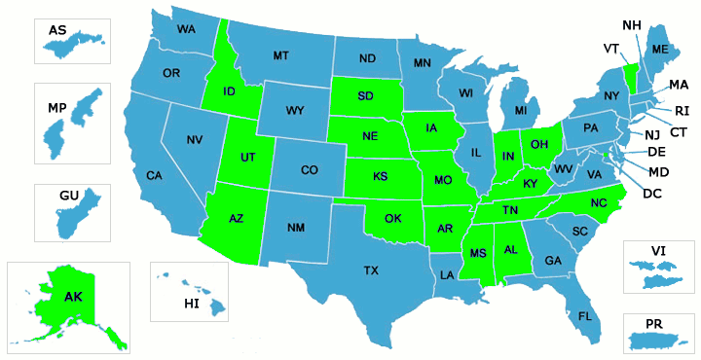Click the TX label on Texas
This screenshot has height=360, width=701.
click(370, 270)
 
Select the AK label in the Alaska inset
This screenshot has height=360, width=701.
click(73, 297)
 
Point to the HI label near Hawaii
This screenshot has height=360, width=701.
click(192, 305)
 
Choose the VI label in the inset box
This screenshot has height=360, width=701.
click(658, 251)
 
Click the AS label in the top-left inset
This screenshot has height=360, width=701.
click(57, 31)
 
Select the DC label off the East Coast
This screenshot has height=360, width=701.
click(653, 193)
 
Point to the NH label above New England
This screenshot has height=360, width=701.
click(631, 24)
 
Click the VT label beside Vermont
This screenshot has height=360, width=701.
click(611, 48)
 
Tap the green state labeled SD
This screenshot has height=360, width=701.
click(366, 96)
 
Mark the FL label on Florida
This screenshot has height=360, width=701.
click(585, 317)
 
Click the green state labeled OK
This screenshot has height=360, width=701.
click(392, 218)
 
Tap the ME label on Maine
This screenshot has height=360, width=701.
click(659, 50)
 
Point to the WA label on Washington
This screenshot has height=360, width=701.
click(185, 29)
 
